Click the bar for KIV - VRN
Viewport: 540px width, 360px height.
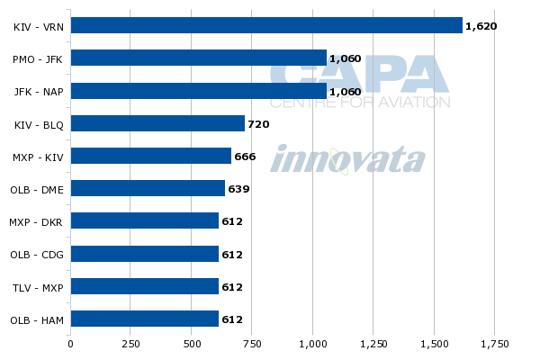click(x=266, y=25)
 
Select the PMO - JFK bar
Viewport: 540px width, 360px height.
click(x=198, y=58)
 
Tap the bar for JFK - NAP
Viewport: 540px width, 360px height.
click(x=198, y=91)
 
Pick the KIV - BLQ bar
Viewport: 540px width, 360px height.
click(x=157, y=123)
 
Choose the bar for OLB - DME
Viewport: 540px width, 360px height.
click(x=148, y=189)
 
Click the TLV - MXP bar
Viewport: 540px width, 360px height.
click(x=144, y=286)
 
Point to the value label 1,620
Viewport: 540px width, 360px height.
click(x=481, y=26)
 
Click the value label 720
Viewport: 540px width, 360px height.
click(x=258, y=124)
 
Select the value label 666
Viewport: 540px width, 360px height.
click(x=245, y=157)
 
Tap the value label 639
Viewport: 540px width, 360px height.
click(x=238, y=189)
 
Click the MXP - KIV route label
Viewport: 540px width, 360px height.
click(x=38, y=157)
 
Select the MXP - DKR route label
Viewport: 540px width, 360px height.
click(x=37, y=222)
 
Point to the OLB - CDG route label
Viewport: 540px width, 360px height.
click(x=37, y=255)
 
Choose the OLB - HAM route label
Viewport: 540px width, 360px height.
click(x=37, y=319)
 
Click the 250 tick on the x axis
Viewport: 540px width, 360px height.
click(x=130, y=343)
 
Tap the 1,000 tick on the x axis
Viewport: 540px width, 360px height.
click(x=312, y=343)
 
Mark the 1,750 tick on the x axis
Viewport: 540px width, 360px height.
click(x=494, y=343)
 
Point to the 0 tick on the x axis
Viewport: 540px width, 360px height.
click(x=70, y=343)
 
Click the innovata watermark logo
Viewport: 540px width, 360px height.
click(x=347, y=160)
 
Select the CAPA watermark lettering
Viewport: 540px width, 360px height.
click(x=360, y=76)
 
